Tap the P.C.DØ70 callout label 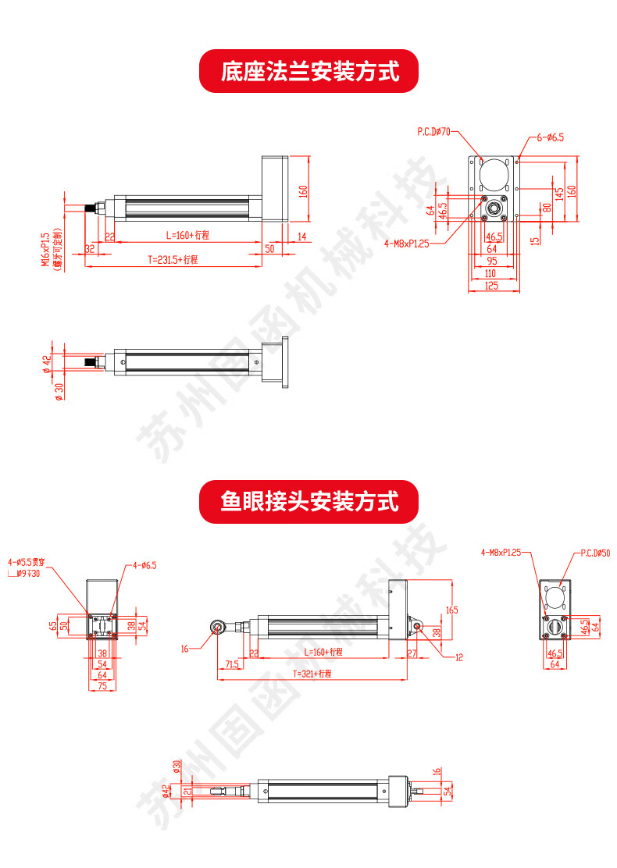click(x=434, y=133)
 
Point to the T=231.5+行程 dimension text click(x=173, y=260)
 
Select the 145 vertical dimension click(x=558, y=192)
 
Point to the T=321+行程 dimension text click(x=312, y=673)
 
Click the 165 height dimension click(x=451, y=609)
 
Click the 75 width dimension click(x=102, y=685)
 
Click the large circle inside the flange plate click(x=493, y=176)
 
